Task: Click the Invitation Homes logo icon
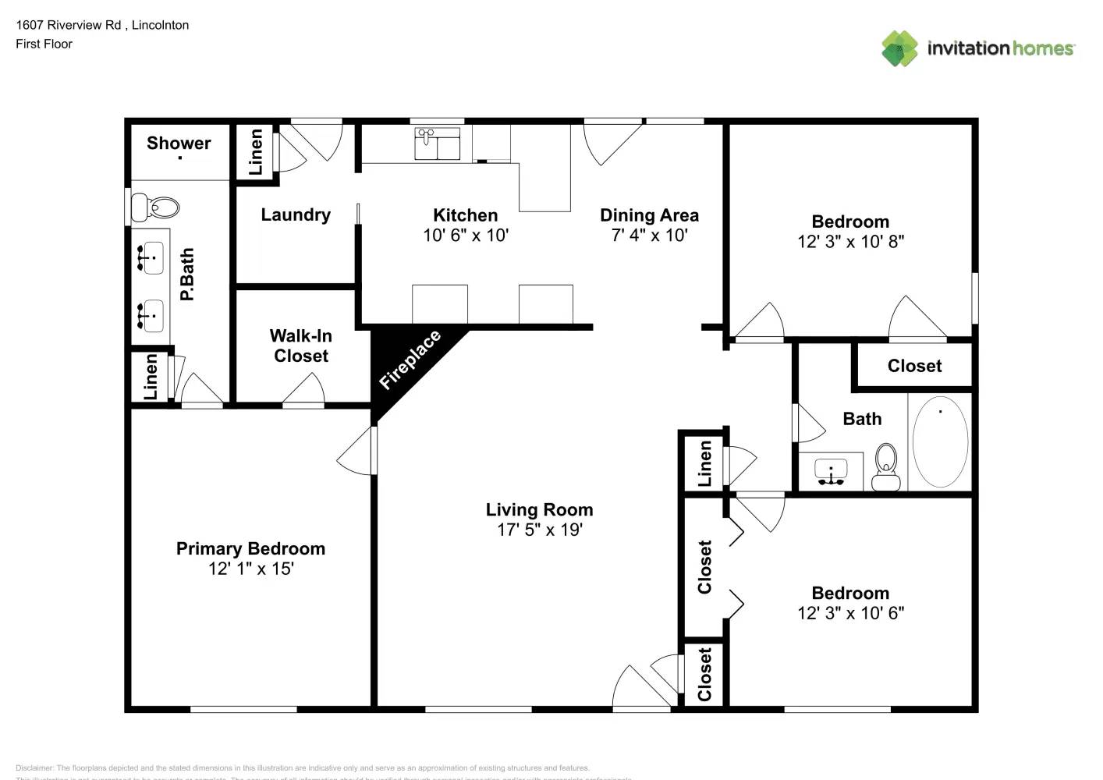tap(899, 48)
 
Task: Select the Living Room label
tap(539, 509)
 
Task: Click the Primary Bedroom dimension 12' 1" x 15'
tap(250, 569)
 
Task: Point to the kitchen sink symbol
tap(437, 144)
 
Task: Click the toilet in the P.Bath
tap(155, 207)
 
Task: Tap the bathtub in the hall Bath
tap(940, 441)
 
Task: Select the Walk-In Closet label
tap(301, 346)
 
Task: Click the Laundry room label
tap(296, 214)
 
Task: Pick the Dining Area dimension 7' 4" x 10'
tap(649, 235)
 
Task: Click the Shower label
tap(179, 143)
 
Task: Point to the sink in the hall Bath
tap(831, 471)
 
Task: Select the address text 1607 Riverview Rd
tap(69, 25)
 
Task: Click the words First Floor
tap(44, 44)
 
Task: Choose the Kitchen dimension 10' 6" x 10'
tap(466, 235)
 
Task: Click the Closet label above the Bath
tap(914, 366)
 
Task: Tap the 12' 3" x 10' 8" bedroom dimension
tap(850, 242)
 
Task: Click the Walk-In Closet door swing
tap(305, 389)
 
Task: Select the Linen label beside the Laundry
tap(255, 151)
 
